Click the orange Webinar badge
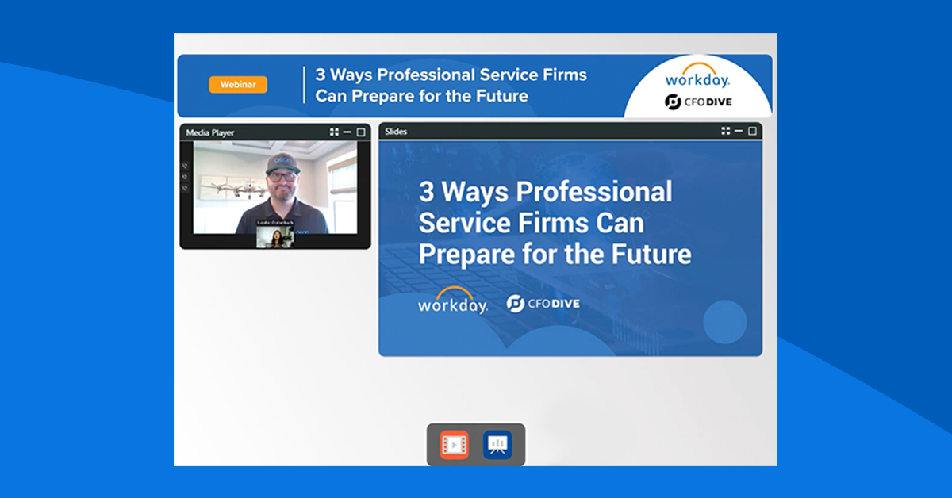point(238,85)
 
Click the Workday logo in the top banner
point(697,77)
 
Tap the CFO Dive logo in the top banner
point(697,102)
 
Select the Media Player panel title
point(210,132)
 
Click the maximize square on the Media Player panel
point(361,132)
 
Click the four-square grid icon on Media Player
point(335,132)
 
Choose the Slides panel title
point(396,132)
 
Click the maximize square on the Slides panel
point(752,132)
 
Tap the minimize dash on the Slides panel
point(739,132)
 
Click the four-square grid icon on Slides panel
point(725,132)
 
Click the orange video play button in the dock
point(455,445)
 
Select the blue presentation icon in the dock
point(497,445)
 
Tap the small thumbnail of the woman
point(274,238)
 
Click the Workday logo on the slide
point(453,301)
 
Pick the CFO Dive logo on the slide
point(543,303)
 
